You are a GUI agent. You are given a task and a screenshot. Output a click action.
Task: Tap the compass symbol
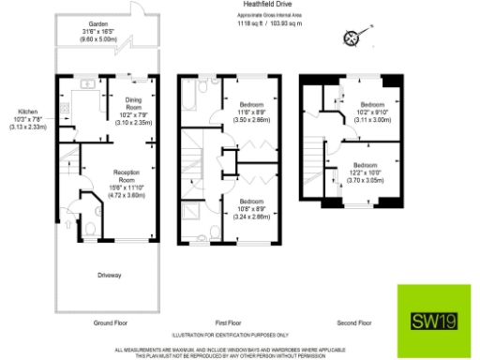(352, 38)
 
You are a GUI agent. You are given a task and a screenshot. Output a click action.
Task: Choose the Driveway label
(112, 276)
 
